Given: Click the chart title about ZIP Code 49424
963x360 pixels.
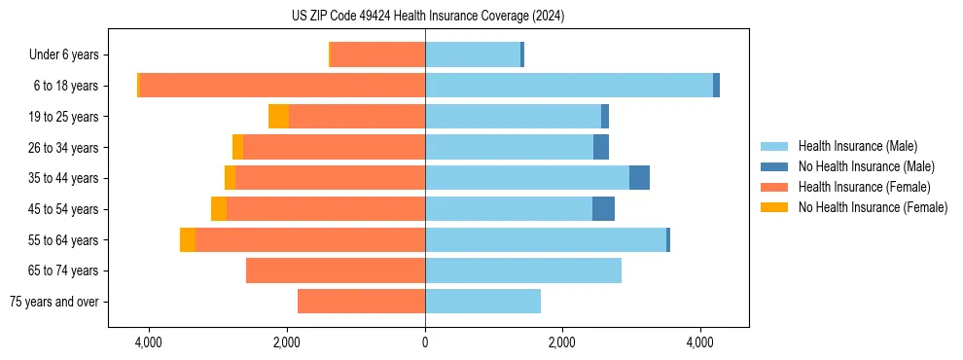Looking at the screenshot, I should (427, 16).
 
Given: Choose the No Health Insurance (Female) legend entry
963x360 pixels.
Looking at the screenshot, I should (873, 207).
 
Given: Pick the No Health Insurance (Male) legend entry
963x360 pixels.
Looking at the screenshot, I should (866, 166).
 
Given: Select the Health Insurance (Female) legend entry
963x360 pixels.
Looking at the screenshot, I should (864, 187).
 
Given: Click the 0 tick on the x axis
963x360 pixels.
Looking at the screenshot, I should (425, 343).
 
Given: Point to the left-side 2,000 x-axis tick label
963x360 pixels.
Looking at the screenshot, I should (287, 343).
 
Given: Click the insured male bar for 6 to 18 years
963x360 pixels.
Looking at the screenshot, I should (569, 86).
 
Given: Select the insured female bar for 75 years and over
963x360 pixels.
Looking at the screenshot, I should (361, 302).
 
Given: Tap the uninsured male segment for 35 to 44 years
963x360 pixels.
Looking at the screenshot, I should (639, 178).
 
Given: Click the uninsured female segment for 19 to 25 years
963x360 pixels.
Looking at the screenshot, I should (279, 117).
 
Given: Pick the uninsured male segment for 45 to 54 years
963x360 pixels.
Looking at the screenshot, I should (603, 209).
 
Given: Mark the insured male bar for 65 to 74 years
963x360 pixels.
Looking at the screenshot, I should (523, 270).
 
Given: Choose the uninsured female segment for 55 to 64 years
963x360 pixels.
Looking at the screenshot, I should (188, 240).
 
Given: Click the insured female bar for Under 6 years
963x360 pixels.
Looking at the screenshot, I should (378, 55).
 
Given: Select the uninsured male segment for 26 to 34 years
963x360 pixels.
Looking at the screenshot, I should (601, 148).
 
